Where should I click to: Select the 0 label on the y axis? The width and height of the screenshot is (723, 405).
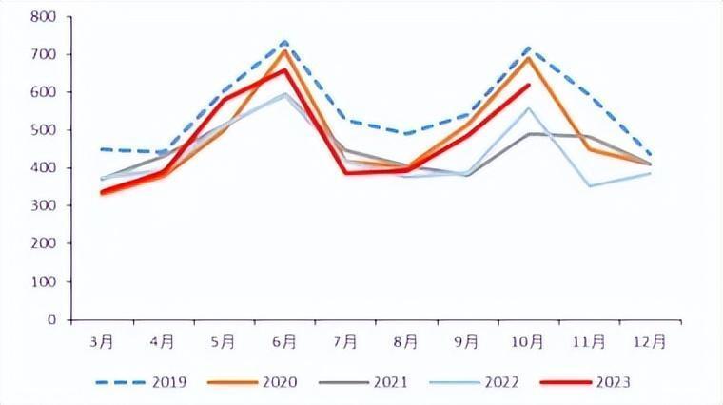[51, 320]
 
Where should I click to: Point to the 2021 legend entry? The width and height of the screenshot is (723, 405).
[389, 382]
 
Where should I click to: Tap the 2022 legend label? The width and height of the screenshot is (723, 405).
[500, 382]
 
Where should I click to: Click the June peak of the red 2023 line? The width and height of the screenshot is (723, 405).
[284, 69]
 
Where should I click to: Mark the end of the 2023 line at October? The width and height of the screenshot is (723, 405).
[529, 85]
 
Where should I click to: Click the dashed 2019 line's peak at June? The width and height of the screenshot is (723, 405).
[284, 42]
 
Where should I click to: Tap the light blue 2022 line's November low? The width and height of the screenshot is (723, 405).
[590, 186]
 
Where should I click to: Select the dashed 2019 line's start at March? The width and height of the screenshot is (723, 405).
[101, 149]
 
